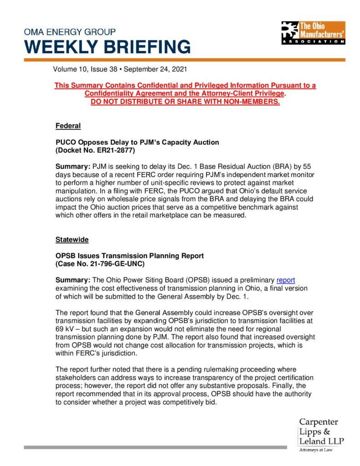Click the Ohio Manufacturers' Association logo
pyautogui.click(x=313, y=32)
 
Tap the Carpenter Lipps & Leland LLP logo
pyautogui.click(x=321, y=432)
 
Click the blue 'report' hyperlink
pyautogui.click(x=286, y=280)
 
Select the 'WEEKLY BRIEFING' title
pyautogui.click(x=107, y=47)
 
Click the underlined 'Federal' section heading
pyautogui.click(x=68, y=126)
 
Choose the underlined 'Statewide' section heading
pyautogui.click(x=72, y=239)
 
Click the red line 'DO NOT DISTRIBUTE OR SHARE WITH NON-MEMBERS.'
pyautogui.click(x=185, y=101)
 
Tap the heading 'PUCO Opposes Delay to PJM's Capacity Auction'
pyautogui.click(x=137, y=142)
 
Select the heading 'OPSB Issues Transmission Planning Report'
pyautogui.click(x=130, y=256)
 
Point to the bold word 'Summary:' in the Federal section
pyautogui.click(x=73, y=167)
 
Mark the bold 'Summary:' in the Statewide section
pyautogui.click(x=73, y=280)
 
